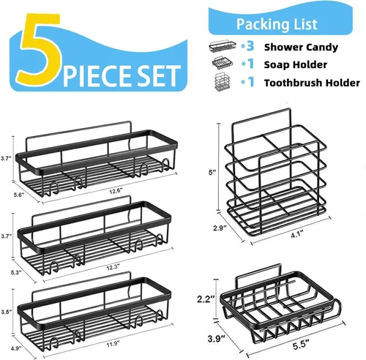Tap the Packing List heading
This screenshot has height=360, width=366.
point(277,24)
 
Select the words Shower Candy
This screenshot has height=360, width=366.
point(301,47)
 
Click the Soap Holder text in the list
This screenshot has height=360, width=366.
point(296,64)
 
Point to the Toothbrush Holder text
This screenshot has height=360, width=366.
point(312,83)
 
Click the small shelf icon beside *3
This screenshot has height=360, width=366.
point(223,45)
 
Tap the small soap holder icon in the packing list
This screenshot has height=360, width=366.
point(222,63)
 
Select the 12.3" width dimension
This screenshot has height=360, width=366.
point(113,267)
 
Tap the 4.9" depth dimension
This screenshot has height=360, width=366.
point(17,348)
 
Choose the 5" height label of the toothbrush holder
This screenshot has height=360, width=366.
point(212,173)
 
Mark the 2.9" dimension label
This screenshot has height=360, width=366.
point(220,228)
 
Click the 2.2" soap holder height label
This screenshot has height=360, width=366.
point(206,299)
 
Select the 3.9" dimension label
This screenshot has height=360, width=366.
point(217,339)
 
